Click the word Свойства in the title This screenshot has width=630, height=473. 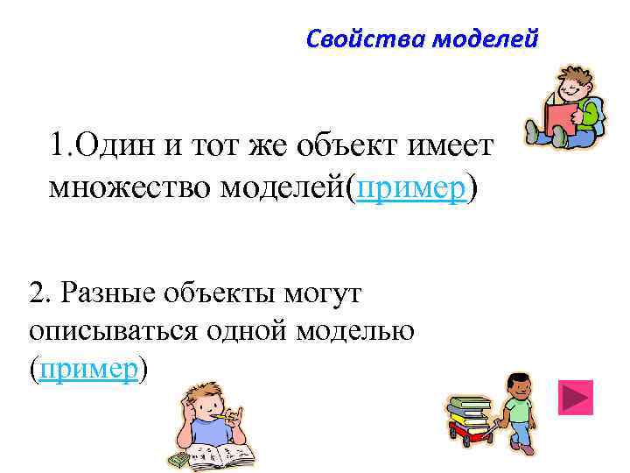tap(347, 39)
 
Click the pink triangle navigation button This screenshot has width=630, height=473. tap(575, 397)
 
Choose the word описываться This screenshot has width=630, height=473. tap(111, 331)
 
